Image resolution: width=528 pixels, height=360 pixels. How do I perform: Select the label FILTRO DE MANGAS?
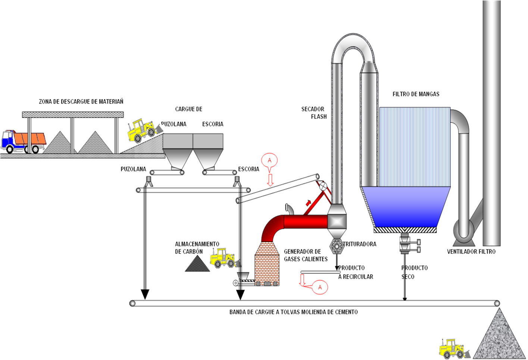tap(416, 94)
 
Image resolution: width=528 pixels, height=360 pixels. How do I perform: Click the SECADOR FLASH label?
tap(314, 113)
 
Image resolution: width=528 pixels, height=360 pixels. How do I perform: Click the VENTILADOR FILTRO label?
tap(471, 252)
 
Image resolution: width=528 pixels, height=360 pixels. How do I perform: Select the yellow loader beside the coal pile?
tap(222, 258)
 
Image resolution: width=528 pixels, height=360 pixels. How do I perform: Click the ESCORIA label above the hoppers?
tap(213, 124)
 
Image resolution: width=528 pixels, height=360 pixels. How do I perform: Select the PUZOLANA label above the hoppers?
tap(174, 124)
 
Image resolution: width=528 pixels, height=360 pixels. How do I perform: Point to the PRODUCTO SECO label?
tap(414, 272)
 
